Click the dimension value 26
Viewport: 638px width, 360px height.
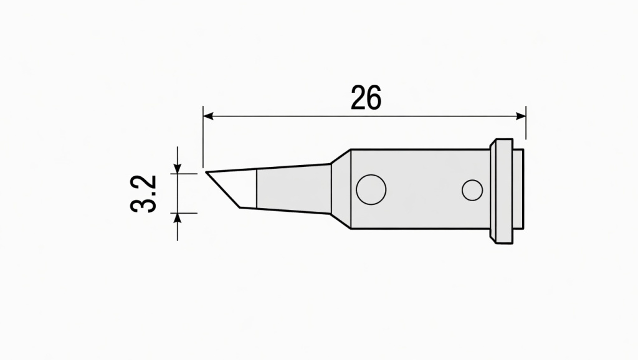point(366,98)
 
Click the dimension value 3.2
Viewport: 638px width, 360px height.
point(144,194)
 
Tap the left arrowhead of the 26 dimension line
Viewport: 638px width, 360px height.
point(208,116)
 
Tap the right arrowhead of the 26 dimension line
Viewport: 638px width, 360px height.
point(521,116)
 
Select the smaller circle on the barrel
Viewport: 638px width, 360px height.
point(472,191)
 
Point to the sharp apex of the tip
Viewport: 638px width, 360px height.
point(206,172)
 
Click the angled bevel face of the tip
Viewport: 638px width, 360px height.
point(231,187)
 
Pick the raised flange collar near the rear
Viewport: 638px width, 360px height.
point(501,191)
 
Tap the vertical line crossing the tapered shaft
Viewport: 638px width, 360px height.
point(257,189)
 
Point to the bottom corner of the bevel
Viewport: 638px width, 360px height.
point(240,207)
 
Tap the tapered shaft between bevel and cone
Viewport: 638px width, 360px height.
point(293,189)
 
